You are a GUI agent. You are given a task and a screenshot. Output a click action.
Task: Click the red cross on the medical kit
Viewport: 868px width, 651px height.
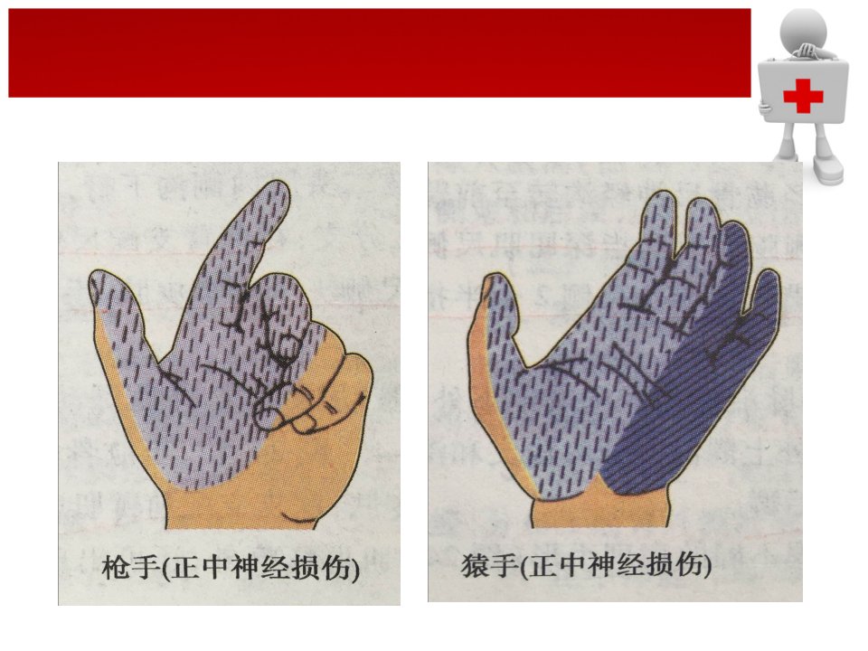pyautogui.click(x=803, y=95)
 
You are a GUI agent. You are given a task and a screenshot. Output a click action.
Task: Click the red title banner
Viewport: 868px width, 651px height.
pyautogui.click(x=380, y=52)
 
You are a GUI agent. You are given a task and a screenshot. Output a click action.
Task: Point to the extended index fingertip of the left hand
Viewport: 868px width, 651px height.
pyautogui.click(x=279, y=191)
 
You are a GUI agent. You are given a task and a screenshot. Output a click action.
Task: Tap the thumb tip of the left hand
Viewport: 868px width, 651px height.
pyautogui.click(x=99, y=281)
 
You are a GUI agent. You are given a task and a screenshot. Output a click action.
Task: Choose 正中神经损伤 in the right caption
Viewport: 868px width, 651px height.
pyautogui.click(x=616, y=565)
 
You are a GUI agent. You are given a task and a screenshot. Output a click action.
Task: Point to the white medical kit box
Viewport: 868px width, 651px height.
pyautogui.click(x=803, y=92)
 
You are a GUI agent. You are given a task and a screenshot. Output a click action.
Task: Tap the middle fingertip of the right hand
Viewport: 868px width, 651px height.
pyautogui.click(x=699, y=209)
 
